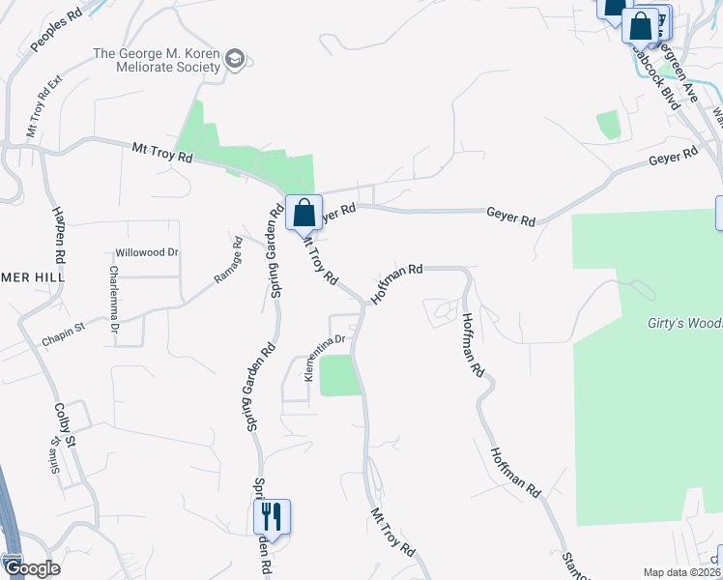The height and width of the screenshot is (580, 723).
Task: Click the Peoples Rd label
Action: pos(57,33)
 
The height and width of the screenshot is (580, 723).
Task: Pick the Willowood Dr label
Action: pos(147,252)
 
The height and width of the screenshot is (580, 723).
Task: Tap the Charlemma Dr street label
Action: pos(114,300)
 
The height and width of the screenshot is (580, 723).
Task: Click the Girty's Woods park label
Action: pos(683,324)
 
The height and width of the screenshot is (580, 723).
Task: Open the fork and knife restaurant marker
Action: pos(272,516)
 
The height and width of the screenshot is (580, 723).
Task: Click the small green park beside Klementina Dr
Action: pos(339,375)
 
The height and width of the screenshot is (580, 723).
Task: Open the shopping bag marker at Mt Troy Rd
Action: pos(304,213)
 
